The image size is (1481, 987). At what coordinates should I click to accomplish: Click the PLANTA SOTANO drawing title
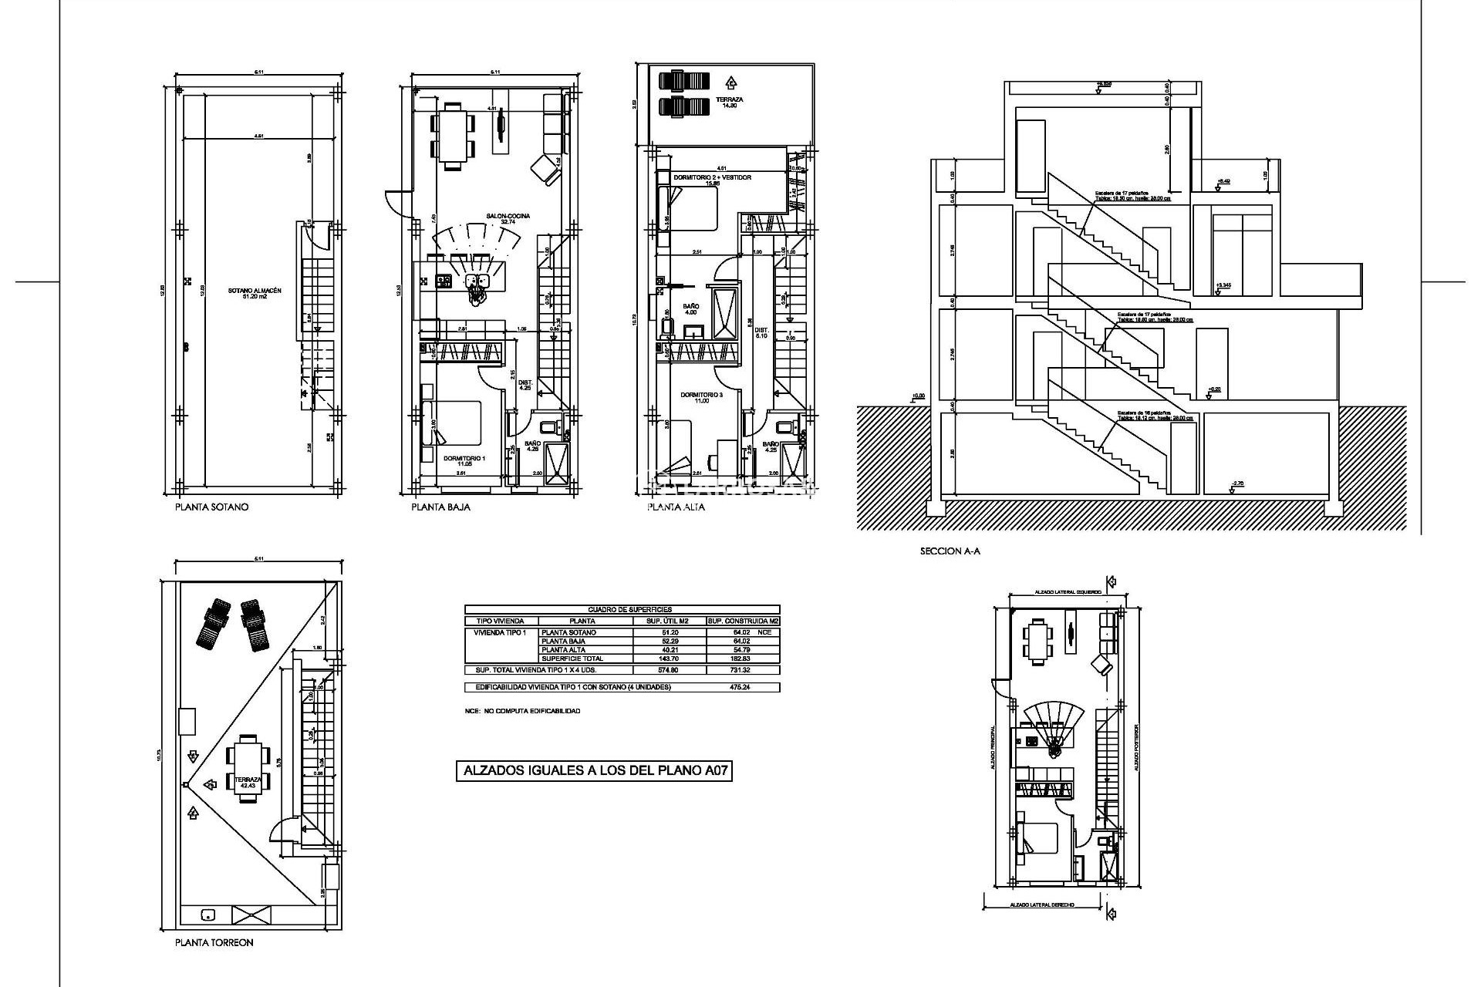(211, 507)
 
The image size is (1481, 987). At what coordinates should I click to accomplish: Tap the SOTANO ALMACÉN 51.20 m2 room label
(255, 293)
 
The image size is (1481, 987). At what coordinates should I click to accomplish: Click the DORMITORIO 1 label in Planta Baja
(464, 460)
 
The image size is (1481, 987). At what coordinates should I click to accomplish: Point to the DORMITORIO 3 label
(701, 396)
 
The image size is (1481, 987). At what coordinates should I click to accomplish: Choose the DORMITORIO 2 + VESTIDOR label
(712, 179)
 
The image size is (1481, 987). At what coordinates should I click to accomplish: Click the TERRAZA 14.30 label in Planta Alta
(729, 102)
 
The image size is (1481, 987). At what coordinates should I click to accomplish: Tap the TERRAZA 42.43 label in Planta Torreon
(248, 782)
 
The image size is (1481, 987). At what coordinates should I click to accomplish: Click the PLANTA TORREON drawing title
(214, 942)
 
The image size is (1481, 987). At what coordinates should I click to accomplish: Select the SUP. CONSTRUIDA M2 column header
(742, 621)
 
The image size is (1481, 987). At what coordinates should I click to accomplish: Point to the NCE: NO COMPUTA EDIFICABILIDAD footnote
(522, 711)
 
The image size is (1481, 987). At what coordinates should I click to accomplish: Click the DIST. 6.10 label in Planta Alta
(761, 333)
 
